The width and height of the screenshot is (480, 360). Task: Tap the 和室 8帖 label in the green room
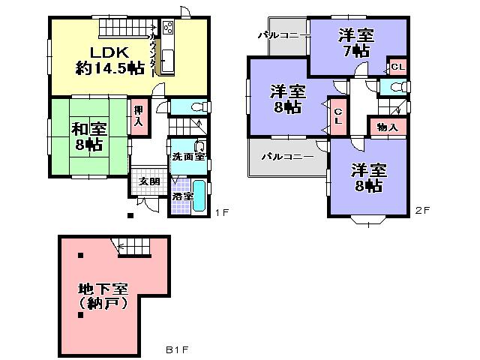(x=88, y=135)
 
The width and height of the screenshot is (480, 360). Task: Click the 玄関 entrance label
(x=148, y=182)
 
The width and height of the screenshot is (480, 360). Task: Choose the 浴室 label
(x=182, y=197)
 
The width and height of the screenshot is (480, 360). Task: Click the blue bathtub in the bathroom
(x=199, y=196)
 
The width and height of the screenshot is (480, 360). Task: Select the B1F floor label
(x=176, y=349)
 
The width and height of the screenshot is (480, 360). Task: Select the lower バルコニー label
(x=287, y=157)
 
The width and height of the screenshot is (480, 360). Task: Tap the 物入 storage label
(x=387, y=128)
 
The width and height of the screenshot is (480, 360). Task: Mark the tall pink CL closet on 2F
(x=338, y=116)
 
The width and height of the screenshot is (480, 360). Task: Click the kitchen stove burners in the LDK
(x=167, y=28)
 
